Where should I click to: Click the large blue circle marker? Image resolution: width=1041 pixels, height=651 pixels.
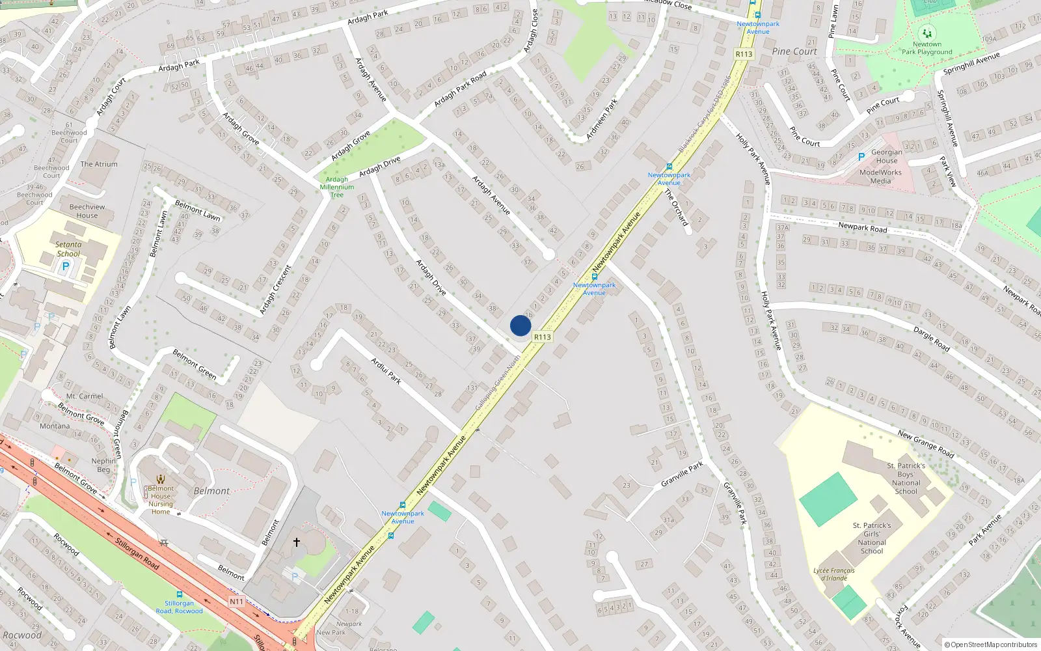click(x=520, y=325)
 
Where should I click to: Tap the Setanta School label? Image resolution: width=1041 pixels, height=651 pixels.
click(x=68, y=249)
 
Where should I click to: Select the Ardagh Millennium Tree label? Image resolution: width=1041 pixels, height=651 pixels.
click(x=337, y=187)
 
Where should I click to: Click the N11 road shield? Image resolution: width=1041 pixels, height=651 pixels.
click(x=236, y=602)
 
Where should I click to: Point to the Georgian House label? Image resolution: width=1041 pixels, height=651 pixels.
click(x=886, y=156)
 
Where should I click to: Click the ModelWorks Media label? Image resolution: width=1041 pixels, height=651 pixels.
click(x=880, y=176)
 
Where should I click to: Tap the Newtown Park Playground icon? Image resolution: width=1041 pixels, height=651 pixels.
click(x=926, y=33)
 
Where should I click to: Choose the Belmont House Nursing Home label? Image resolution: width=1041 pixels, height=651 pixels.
click(x=161, y=500)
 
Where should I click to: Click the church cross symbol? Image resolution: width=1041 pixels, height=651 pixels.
click(x=297, y=542)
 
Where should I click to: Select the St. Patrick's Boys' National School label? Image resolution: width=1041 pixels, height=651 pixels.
click(x=906, y=478)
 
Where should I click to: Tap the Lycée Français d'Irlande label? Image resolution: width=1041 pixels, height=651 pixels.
click(x=834, y=574)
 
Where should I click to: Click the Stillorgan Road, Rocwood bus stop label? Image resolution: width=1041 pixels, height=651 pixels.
click(x=179, y=607)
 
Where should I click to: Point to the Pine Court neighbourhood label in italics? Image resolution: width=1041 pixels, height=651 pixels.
click(x=794, y=51)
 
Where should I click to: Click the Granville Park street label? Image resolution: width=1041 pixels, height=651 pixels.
click(x=682, y=474)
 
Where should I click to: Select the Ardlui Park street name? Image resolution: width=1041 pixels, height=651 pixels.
click(x=386, y=370)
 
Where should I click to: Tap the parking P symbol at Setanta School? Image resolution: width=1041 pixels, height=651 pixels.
click(x=65, y=266)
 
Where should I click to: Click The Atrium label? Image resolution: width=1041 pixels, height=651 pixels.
click(x=99, y=164)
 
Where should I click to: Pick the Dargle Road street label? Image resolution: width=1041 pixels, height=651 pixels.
click(x=932, y=339)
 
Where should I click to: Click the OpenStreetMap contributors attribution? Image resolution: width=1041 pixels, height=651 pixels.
click(x=990, y=644)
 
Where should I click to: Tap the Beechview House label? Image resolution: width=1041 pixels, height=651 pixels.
click(x=87, y=211)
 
